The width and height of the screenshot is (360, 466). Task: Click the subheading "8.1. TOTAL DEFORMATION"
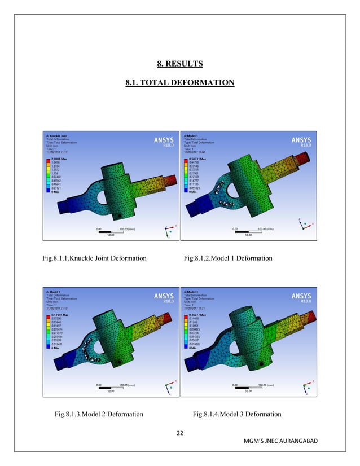pyautogui.click(x=179, y=83)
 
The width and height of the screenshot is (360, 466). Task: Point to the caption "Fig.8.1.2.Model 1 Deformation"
pyautogui.click(x=228, y=258)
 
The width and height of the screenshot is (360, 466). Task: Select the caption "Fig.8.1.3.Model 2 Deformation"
pyautogui.click(x=97, y=415)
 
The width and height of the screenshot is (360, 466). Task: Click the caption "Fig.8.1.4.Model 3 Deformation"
pyautogui.click(x=237, y=415)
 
